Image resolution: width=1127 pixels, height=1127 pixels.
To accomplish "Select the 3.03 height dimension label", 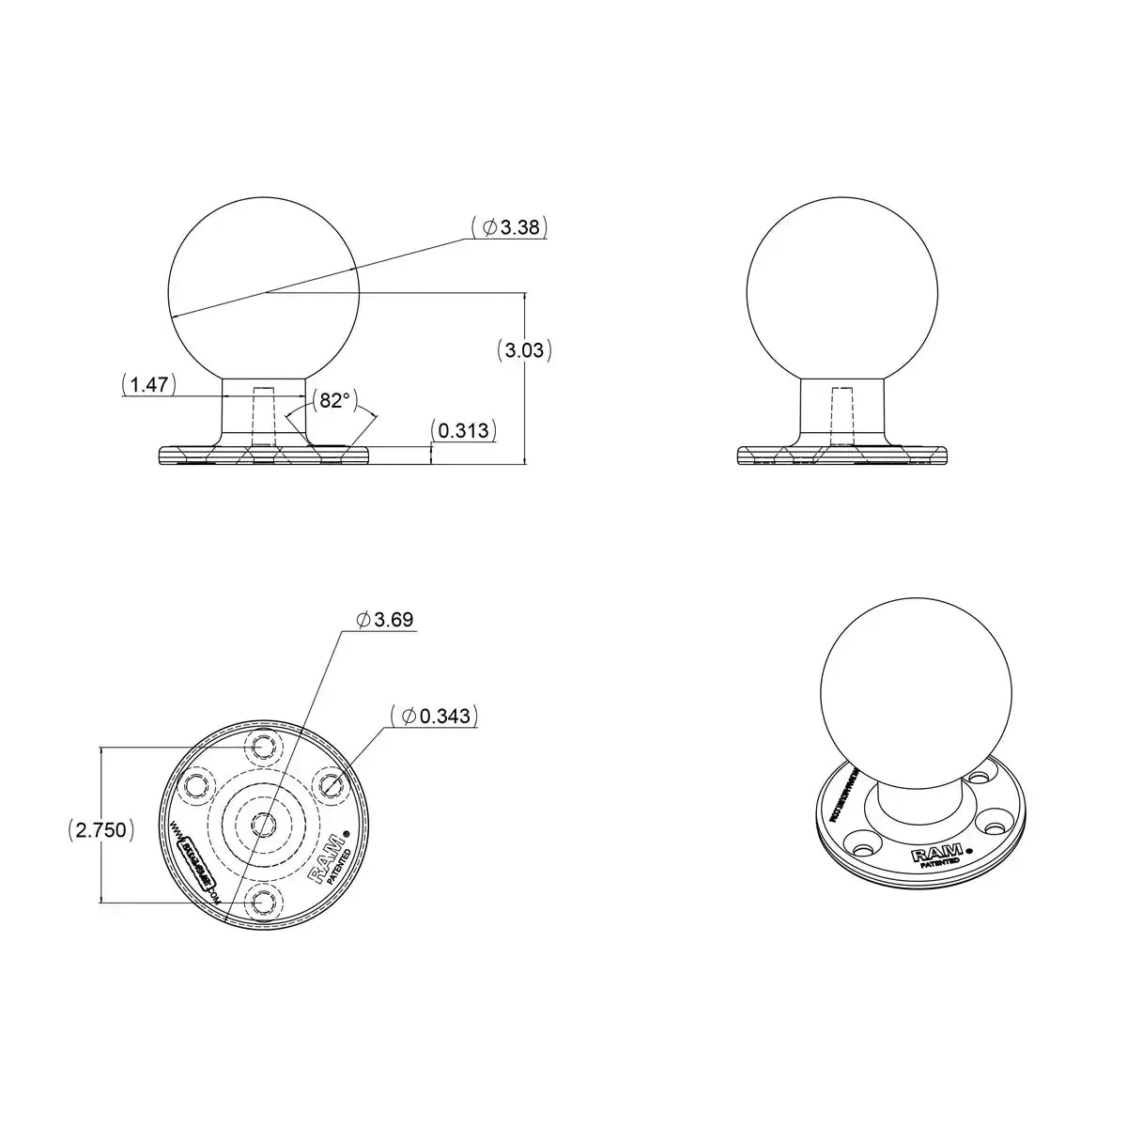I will click(523, 351).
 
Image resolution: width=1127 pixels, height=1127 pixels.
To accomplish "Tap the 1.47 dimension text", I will click(148, 384).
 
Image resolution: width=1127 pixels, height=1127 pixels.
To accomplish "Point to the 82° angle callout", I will click(333, 401).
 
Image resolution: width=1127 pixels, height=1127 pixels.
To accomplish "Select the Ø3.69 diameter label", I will click(385, 620).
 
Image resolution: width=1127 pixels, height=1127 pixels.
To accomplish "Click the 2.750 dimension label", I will click(101, 830).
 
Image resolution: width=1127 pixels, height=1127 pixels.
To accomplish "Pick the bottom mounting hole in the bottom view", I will click(261, 903).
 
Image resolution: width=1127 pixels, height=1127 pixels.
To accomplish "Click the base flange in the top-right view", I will click(841, 456).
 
